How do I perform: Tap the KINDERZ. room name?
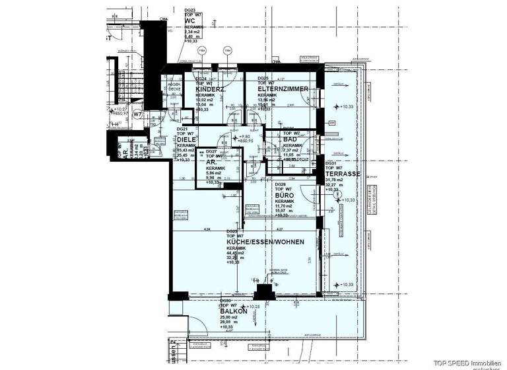tap(210, 89)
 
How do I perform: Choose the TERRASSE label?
tap(342, 174)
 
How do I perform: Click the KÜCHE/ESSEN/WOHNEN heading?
tap(265, 242)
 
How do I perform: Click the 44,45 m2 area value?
tap(236, 253)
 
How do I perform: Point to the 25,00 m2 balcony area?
tap(228, 317)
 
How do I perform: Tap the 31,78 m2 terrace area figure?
tap(336, 179)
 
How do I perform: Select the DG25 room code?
tap(262, 78)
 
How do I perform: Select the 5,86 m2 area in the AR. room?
tap(215, 173)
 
